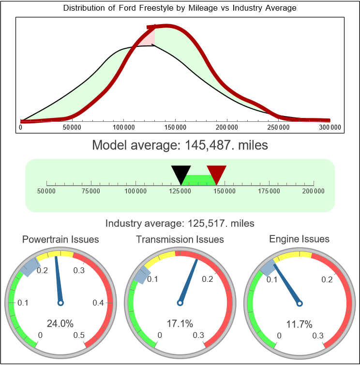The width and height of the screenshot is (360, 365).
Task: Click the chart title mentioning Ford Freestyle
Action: pyautogui.click(x=180, y=8)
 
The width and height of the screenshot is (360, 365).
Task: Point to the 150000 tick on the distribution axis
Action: pyautogui.click(x=175, y=127)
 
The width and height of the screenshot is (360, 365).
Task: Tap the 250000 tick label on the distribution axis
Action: pyautogui.click(x=279, y=127)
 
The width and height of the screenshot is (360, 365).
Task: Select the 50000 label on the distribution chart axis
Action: pyautogui.click(x=72, y=127)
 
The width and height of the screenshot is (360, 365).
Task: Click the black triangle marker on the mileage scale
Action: pyautogui.click(x=181, y=173)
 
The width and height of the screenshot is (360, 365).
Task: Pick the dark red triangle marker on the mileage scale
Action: pyautogui.click(x=216, y=173)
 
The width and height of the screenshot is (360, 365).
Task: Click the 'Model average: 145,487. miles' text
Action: pyautogui.click(x=180, y=145)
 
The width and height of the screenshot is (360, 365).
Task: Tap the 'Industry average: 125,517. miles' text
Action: pyautogui.click(x=180, y=223)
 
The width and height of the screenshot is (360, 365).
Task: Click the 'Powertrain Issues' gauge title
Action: pyautogui.click(x=60, y=239)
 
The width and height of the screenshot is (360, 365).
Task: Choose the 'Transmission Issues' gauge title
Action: pyautogui.click(x=180, y=239)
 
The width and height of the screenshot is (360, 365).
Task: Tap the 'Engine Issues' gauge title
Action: pyautogui.click(x=299, y=239)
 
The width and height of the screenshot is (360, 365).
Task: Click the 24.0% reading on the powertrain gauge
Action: pyautogui.click(x=60, y=323)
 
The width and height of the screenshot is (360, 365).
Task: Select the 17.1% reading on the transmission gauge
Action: pyautogui.click(x=180, y=323)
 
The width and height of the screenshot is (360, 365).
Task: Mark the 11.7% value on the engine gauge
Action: pyautogui.click(x=299, y=323)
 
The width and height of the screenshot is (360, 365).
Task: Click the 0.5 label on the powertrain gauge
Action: pyautogui.click(x=79, y=335)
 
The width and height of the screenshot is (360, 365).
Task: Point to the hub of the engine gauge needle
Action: pyautogui.click(x=300, y=303)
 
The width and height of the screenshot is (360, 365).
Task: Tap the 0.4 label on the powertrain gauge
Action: pyautogui.click(x=99, y=303)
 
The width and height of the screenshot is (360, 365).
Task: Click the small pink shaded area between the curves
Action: pyautogui.click(x=148, y=39)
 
